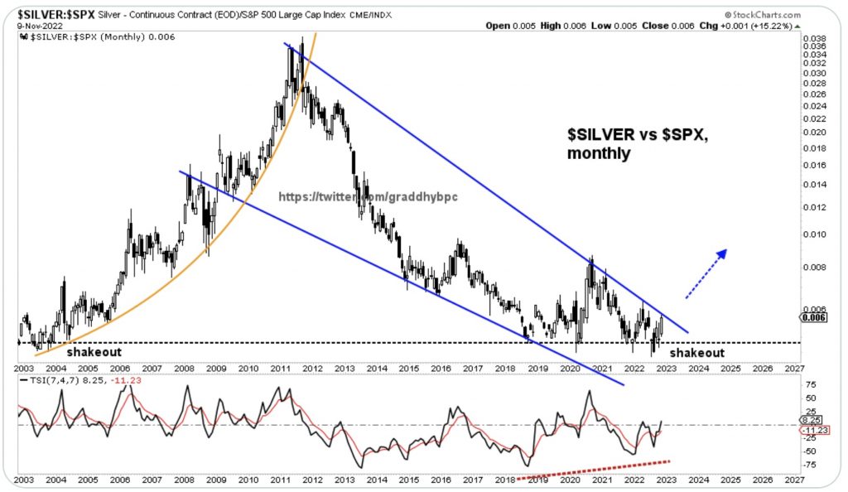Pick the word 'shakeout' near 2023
tap(696, 353)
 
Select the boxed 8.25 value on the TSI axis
tap(811, 420)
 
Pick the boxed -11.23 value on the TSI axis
tap(812, 431)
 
